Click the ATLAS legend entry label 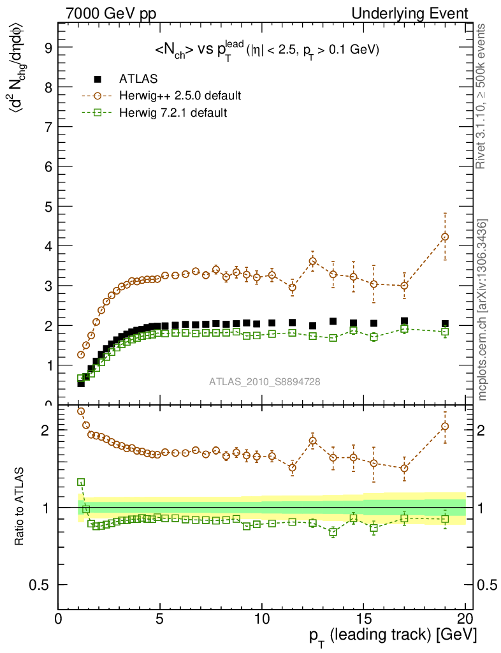click(x=138, y=79)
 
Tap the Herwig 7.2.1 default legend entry click(x=173, y=113)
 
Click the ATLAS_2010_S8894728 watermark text click(x=265, y=382)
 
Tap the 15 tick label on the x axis click(x=363, y=619)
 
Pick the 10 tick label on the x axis click(x=261, y=619)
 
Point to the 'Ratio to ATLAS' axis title click(x=20, y=507)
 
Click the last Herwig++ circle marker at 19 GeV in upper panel click(x=445, y=237)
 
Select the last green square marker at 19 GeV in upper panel click(x=445, y=332)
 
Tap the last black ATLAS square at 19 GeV click(x=445, y=324)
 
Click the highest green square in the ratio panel click(x=81, y=483)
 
